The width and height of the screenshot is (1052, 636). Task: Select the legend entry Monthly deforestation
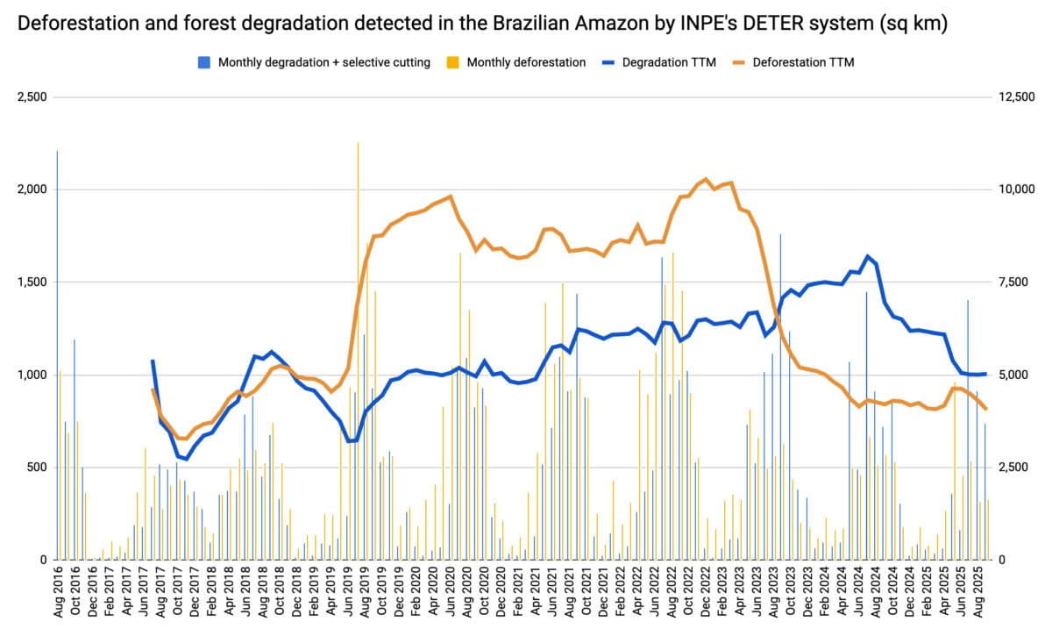coord(526,62)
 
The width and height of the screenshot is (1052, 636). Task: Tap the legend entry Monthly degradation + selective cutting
coord(323,62)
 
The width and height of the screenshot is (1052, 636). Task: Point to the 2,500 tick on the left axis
coord(32,96)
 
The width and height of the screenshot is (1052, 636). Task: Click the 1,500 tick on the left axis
coord(32,282)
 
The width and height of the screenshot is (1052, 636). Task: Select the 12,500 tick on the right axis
coord(1017,96)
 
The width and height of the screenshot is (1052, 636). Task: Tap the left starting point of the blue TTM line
coord(153,361)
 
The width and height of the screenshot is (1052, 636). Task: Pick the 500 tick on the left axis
coord(36,467)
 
